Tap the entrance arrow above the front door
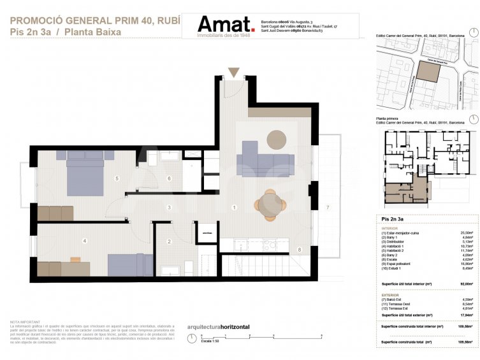(x=234, y=72)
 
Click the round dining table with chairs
(x=271, y=203)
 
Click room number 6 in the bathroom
(x=169, y=178)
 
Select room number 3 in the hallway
(x=168, y=208)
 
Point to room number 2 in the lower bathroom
(x=169, y=241)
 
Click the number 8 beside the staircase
(x=299, y=250)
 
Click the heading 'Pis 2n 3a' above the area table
(x=392, y=219)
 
